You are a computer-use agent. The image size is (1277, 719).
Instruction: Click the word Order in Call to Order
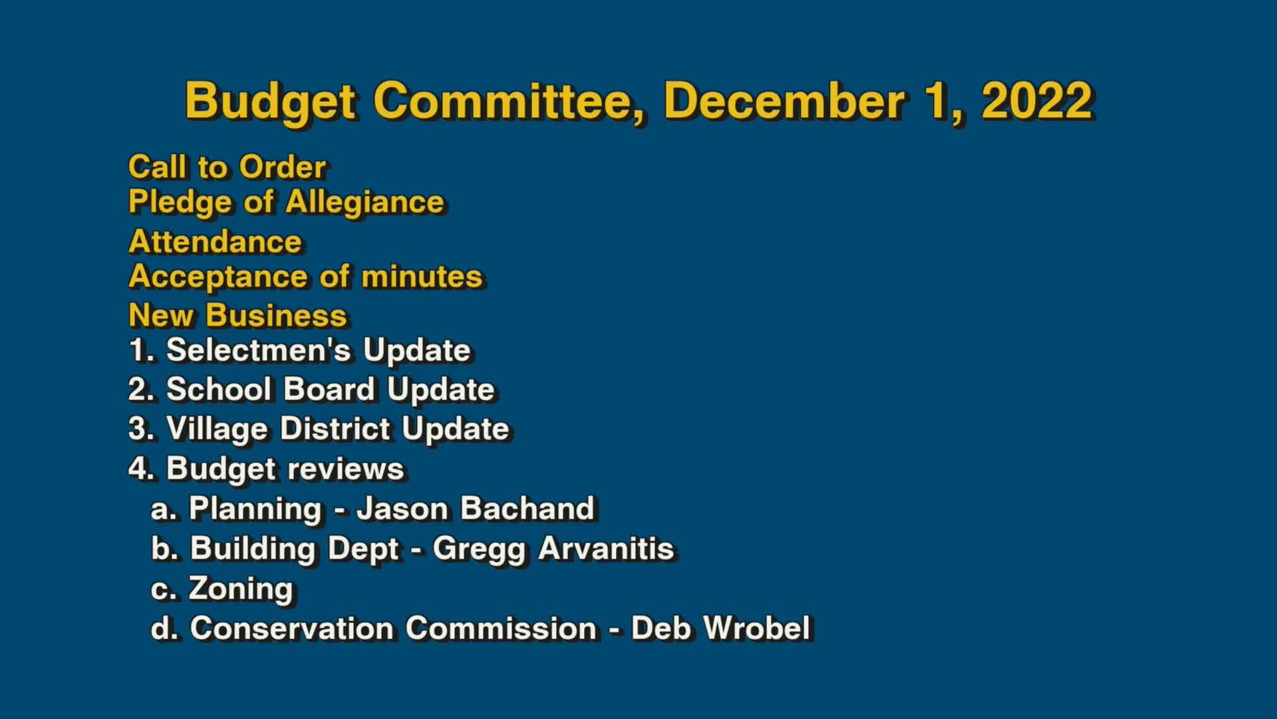(x=283, y=167)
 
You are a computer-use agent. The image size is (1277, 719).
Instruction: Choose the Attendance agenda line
(x=215, y=242)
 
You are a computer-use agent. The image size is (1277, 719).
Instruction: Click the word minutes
(x=422, y=277)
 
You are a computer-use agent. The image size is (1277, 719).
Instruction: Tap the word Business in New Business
(x=276, y=316)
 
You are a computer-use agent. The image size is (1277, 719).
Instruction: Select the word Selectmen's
(x=258, y=351)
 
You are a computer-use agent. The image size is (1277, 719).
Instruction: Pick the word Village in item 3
(x=217, y=429)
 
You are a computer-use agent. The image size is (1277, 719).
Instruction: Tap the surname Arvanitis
(x=606, y=549)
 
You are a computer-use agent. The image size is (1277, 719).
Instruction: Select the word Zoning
(x=241, y=589)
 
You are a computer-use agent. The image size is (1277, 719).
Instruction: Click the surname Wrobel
(x=756, y=628)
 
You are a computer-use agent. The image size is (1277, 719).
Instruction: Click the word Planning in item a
(x=255, y=509)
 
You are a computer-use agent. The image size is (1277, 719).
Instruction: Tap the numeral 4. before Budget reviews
(x=141, y=469)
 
